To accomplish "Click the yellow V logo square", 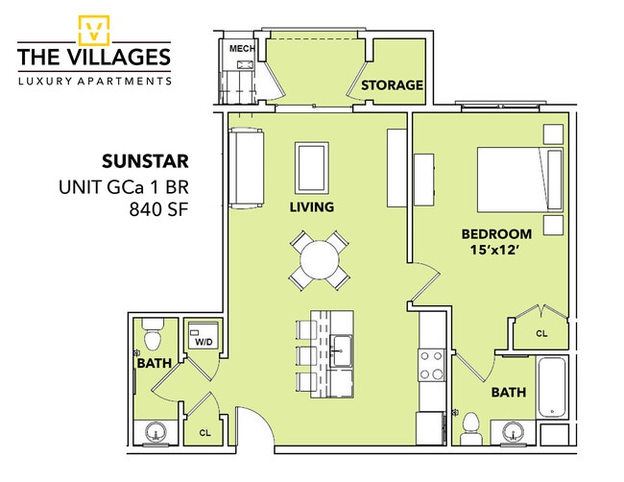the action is pos(93,31).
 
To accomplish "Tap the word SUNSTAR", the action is pos(145,161).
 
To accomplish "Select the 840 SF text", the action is pos(158,209).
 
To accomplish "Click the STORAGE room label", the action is pos(392,84).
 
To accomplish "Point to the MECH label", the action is pos(242,49).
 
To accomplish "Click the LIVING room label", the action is pos(312,207).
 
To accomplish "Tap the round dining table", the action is pos(320,261).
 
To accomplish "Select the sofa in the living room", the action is pos(246,168).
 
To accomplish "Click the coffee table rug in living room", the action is pos(312,168).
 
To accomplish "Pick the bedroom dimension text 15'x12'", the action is pos(495,250).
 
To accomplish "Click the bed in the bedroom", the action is pos(519,180).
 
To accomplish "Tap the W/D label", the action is pos(204,342).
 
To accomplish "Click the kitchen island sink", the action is pos(341,350).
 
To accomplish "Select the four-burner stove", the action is pos(432,365).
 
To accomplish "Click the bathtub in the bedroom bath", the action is pos(552,387).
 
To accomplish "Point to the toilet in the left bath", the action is pos(153,335).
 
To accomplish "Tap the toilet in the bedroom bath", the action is pos(470,428).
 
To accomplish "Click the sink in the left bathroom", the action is pos(156,431).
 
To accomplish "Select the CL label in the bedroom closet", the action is pos(541,333).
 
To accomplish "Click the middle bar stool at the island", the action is pos(306,355).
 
